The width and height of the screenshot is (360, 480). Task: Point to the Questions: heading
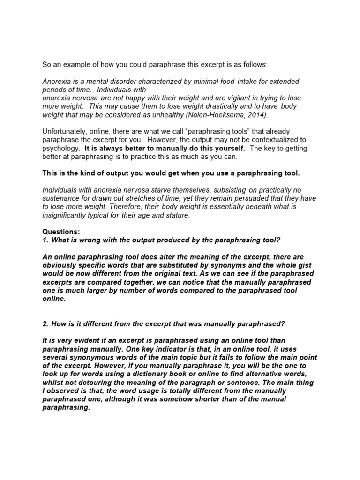click(61, 232)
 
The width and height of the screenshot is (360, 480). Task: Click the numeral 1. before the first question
click(45, 240)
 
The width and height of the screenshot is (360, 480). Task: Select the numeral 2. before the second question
click(45, 323)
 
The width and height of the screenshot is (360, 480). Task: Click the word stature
click(176, 215)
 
